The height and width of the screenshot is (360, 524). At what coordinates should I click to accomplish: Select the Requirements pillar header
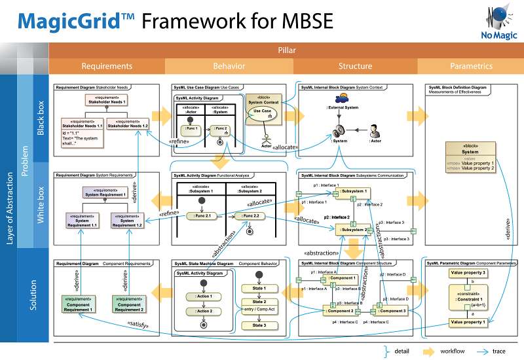[x=106, y=66]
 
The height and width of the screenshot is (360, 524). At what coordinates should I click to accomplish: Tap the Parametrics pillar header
[x=471, y=66]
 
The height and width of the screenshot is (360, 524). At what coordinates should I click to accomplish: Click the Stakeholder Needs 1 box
[x=105, y=100]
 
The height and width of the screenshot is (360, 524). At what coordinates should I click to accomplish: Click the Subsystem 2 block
[x=354, y=229]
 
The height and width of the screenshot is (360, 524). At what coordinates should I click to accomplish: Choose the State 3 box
[x=259, y=325]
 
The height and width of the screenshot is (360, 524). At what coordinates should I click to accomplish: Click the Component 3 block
[x=392, y=310]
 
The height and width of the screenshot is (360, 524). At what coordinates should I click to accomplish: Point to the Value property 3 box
[x=468, y=272]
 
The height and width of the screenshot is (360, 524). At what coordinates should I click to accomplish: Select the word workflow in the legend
[x=453, y=351]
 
